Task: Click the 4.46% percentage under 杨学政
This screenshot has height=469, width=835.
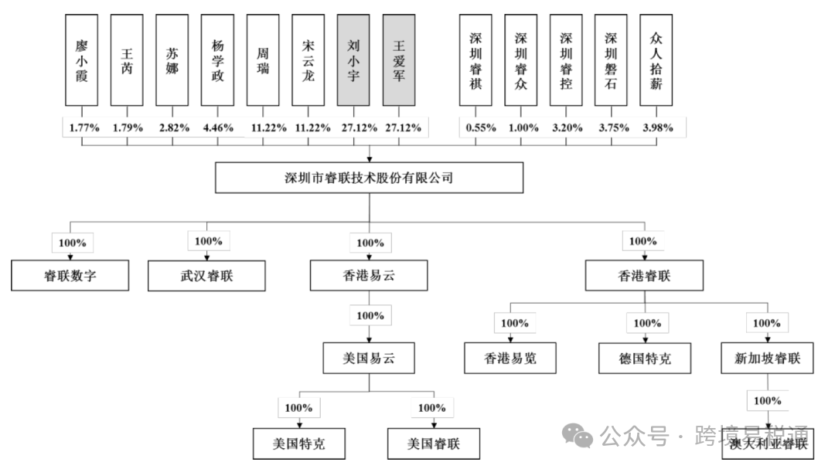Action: click(x=217, y=127)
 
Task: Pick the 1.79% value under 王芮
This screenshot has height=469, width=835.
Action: click(x=127, y=127)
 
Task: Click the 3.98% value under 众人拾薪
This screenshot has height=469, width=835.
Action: click(x=656, y=127)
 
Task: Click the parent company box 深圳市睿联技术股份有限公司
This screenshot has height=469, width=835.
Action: click(x=369, y=178)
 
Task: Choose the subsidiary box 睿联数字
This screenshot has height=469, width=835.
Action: click(x=70, y=276)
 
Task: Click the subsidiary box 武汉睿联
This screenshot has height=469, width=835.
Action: click(x=206, y=276)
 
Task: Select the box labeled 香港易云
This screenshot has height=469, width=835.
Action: click(x=369, y=276)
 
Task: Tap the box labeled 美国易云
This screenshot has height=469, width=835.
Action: click(x=369, y=359)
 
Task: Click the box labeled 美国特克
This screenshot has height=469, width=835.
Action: click(x=299, y=444)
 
